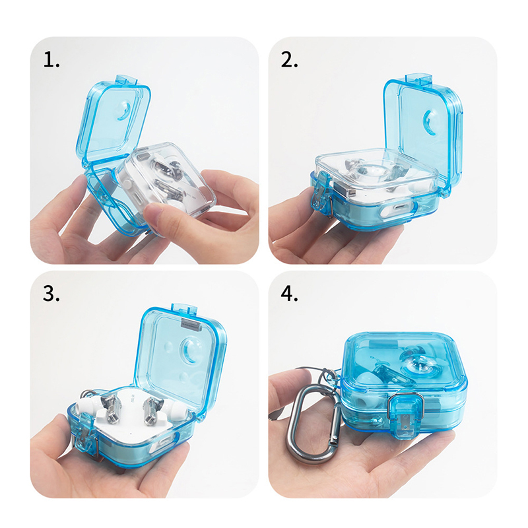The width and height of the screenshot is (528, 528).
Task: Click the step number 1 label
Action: [x=51, y=60]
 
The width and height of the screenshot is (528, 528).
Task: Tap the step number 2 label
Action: [x=289, y=60]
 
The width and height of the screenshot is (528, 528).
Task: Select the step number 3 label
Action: [x=51, y=293]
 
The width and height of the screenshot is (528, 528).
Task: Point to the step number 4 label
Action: [x=289, y=293]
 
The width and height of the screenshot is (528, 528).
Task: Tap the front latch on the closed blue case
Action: [x=405, y=416]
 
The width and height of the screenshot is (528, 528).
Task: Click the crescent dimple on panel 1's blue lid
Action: [x=123, y=112]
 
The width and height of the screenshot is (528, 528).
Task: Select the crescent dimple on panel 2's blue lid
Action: [x=429, y=121]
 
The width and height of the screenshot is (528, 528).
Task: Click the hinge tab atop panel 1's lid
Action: [x=126, y=81]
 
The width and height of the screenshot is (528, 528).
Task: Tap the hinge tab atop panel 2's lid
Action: [x=418, y=79]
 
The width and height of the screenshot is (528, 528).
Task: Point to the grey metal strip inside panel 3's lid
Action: [x=191, y=323]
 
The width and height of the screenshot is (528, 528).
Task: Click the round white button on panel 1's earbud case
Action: [x=127, y=184]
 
